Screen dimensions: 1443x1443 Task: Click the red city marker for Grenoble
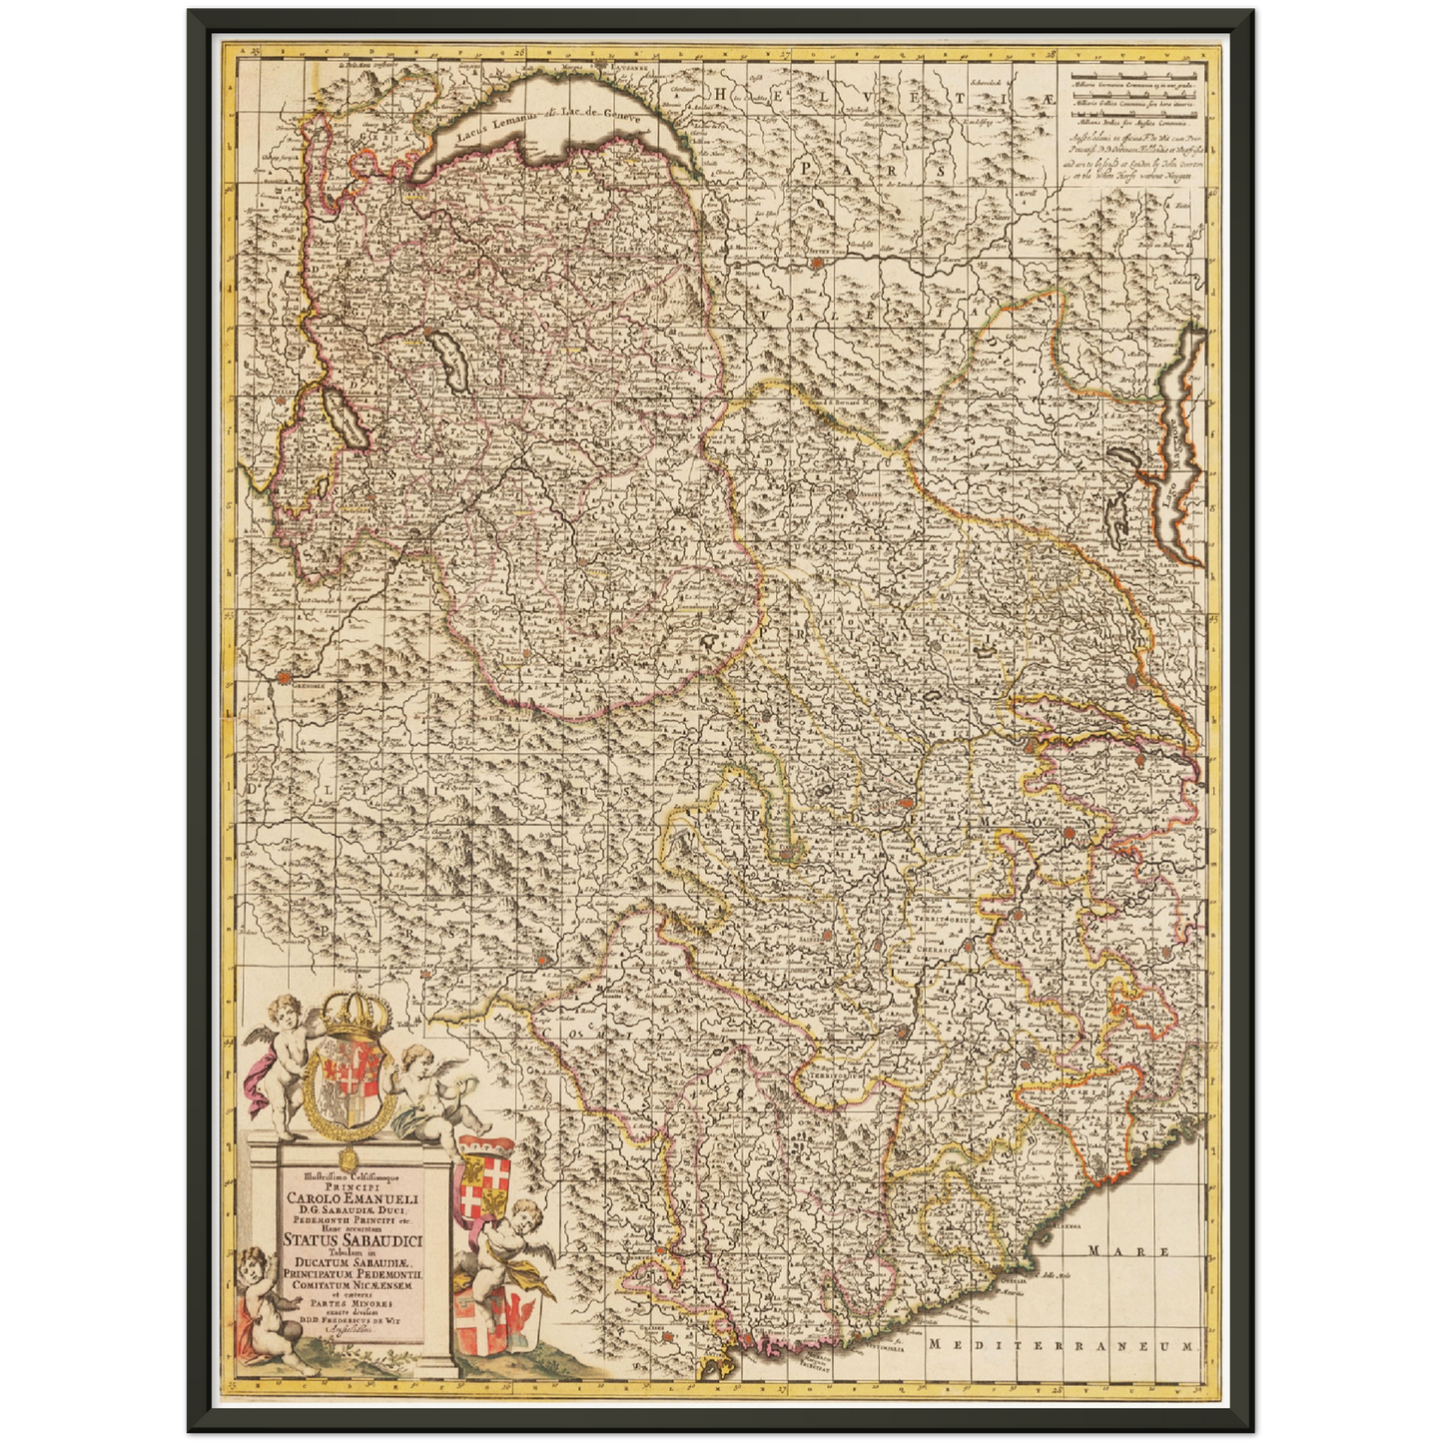[x=285, y=677]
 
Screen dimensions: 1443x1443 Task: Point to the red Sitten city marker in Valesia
[x=817, y=264]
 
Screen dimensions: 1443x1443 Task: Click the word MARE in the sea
[x=1114, y=1250]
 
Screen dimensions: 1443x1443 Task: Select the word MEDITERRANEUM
[x=1060, y=1344]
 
